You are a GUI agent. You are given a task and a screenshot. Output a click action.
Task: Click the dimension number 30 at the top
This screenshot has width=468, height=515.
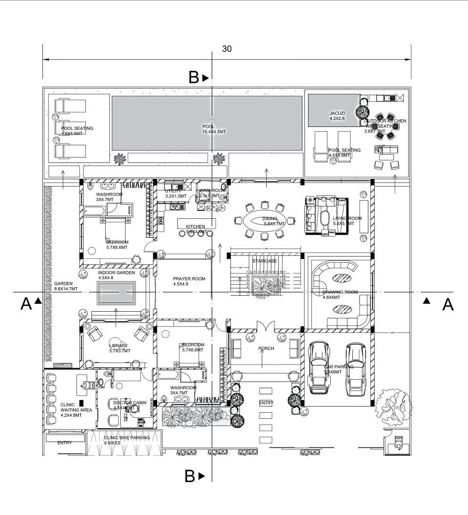coord(227,49)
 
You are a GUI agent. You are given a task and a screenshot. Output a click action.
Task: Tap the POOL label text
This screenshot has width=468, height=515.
coord(209,126)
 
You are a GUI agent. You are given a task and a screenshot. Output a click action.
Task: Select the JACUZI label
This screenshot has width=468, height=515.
coord(337,114)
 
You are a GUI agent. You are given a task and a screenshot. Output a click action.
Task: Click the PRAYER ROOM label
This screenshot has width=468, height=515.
coord(189,279)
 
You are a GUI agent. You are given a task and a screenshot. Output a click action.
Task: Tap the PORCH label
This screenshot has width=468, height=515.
coord(266,349)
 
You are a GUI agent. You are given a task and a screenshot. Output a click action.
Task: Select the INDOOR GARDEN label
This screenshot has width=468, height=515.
coord(116,273)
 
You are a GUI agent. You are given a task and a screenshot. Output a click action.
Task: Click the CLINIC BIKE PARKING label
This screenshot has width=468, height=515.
coord(126,438)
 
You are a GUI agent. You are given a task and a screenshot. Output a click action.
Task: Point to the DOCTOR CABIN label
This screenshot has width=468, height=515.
coord(130,403)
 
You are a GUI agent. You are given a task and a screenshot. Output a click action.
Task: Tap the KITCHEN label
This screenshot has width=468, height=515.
coord(195,226)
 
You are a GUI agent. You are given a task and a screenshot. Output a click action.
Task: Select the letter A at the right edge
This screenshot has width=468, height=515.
coord(448,305)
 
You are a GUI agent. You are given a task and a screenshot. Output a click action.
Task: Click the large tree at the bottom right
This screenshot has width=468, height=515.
coord(392,403)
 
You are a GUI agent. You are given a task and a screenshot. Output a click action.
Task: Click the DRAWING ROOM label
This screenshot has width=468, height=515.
coord(341,292)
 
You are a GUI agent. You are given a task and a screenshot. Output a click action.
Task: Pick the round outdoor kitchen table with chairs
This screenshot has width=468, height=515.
coord(385,126)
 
